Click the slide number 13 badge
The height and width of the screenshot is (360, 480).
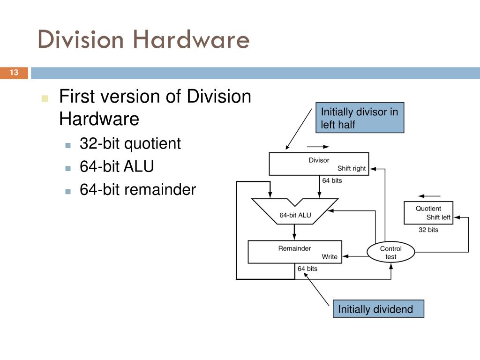pyautogui.click(x=14, y=73)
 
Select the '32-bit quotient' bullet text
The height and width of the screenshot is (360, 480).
pyautogui.click(x=130, y=143)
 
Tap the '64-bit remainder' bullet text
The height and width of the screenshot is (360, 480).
pyautogui.click(x=137, y=189)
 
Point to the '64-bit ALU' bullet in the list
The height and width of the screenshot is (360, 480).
pyautogui.click(x=117, y=166)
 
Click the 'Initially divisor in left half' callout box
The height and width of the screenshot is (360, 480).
pyautogui.click(x=360, y=118)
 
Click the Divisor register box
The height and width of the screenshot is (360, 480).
pyautogui.click(x=319, y=164)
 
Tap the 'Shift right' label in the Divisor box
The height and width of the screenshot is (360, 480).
pyautogui.click(x=351, y=168)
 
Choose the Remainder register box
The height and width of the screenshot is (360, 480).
pyautogui.click(x=294, y=252)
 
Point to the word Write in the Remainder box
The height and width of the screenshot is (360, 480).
pyautogui.click(x=329, y=256)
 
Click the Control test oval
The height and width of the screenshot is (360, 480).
pyautogui.click(x=390, y=253)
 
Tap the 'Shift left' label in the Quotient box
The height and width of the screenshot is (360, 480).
pyautogui.click(x=438, y=217)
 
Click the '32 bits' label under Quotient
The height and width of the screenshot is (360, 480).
pyautogui.click(x=428, y=230)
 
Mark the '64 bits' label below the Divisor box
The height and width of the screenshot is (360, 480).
pyautogui.click(x=332, y=180)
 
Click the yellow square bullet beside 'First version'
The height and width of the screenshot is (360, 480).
pyautogui.click(x=45, y=98)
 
